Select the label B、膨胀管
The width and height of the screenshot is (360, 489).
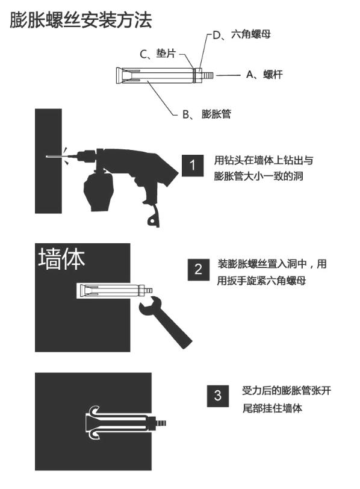pos(206,114)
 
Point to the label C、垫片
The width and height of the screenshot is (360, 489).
pos(158,54)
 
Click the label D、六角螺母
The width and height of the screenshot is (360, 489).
pos(241,35)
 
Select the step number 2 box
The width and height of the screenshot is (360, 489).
pos(198,269)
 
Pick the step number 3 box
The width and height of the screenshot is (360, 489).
pos(218,396)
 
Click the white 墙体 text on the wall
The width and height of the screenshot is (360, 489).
pos(62,258)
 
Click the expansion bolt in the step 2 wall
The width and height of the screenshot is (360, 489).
pos(112,291)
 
